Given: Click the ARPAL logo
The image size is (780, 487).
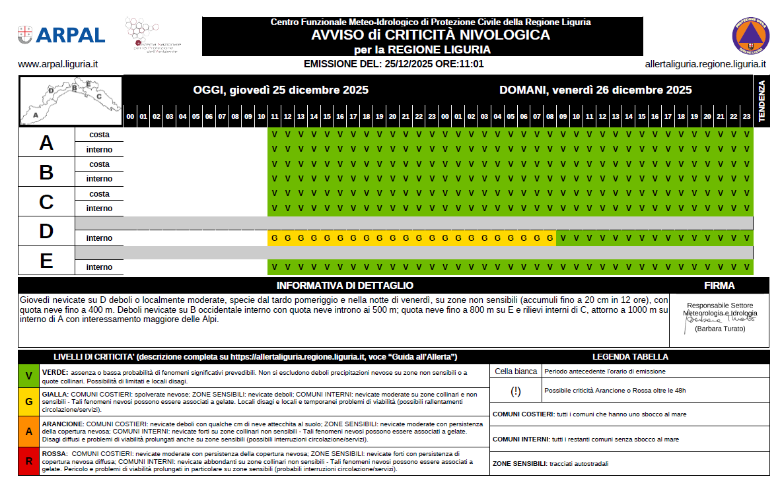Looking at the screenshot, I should pyautogui.click(x=61, y=35).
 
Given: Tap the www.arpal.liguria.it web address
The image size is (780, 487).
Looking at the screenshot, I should pyautogui.click(x=58, y=65).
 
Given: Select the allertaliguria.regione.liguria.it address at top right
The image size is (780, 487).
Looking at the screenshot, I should pyautogui.click(x=705, y=65).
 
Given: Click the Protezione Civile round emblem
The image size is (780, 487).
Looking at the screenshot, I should pyautogui.click(x=751, y=35).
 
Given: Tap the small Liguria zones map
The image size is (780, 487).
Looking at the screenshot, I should pyautogui.click(x=71, y=101).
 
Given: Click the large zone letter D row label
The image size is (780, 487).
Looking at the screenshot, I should pyautogui.click(x=46, y=232).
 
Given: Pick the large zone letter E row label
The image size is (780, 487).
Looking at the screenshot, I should pyautogui.click(x=46, y=261).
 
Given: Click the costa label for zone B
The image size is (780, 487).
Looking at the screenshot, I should pyautogui.click(x=99, y=164).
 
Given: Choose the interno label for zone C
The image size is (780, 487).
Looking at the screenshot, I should pyautogui.click(x=99, y=209).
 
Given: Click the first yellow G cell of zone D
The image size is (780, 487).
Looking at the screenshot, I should pyautogui.click(x=274, y=238).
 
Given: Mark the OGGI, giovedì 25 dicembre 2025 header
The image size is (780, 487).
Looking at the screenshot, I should pyautogui.click(x=281, y=90).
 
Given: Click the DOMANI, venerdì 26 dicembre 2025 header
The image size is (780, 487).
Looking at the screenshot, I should pyautogui.click(x=595, y=90).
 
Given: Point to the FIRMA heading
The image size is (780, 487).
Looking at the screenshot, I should pyautogui.click(x=719, y=286).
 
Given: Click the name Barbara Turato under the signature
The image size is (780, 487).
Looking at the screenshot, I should pyautogui.click(x=719, y=329).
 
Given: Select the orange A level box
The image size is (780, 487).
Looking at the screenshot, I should pyautogui.click(x=28, y=431).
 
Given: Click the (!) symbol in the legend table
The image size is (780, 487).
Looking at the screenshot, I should pyautogui.click(x=516, y=391).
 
